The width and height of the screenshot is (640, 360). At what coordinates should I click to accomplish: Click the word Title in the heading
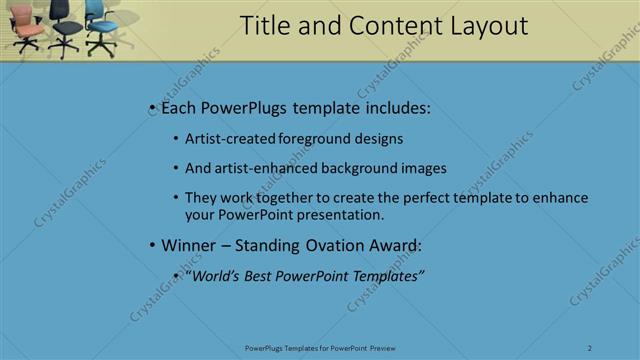click(x=266, y=27)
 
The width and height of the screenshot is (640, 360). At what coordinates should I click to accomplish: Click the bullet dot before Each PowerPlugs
click(x=151, y=108)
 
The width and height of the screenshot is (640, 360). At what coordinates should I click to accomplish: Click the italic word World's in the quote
click(x=212, y=276)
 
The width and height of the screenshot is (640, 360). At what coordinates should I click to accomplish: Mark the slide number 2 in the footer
click(x=590, y=348)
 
